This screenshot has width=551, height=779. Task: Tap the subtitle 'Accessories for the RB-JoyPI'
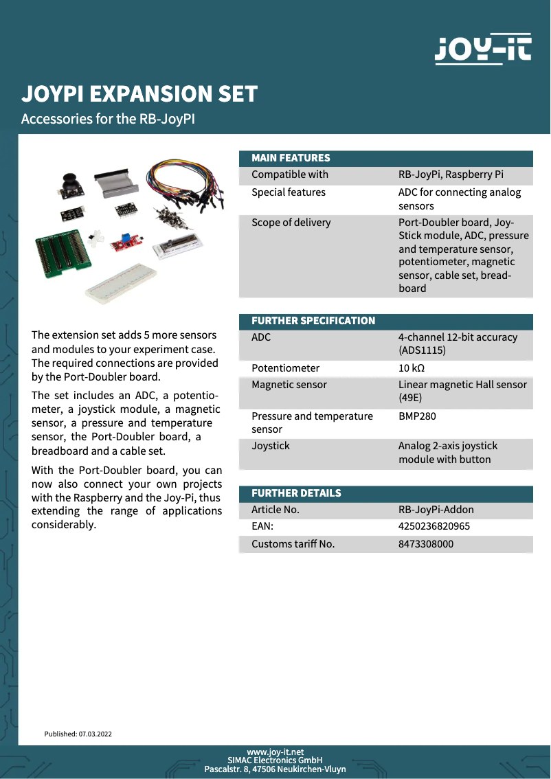[109, 119]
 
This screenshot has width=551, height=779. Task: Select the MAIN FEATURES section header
[291, 158]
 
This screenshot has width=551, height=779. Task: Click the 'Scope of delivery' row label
[291, 223]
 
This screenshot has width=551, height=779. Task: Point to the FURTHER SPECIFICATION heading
[313, 321]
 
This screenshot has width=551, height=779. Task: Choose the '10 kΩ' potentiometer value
[412, 368]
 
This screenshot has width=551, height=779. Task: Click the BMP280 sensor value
[417, 416]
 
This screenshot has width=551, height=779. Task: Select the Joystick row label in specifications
[271, 446]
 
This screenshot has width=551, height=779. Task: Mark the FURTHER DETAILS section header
[296, 493]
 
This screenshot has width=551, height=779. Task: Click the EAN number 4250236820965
[434, 527]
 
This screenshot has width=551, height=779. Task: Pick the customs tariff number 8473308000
[426, 544]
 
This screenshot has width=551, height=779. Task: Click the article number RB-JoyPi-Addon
[436, 510]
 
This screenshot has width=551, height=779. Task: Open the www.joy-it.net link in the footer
[275, 752]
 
